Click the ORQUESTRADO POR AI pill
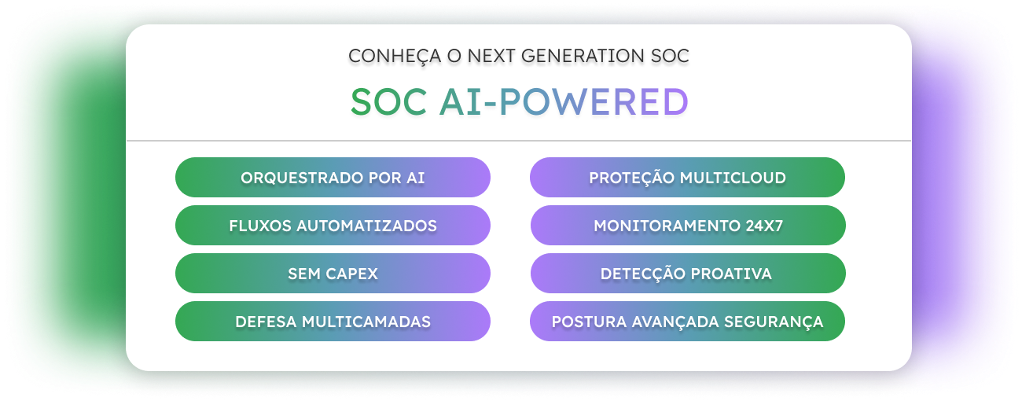(333, 178)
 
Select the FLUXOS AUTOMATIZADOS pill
(333, 226)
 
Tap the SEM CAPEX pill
(333, 274)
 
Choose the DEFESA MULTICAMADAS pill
(333, 321)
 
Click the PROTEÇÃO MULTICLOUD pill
(687, 178)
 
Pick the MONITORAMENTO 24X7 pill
(688, 226)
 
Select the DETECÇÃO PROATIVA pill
(688, 274)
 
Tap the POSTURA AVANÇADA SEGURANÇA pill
(687, 321)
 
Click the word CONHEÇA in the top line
(395, 57)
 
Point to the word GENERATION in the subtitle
(583, 56)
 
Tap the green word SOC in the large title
(388, 101)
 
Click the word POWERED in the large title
(594, 101)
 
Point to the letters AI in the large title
(461, 101)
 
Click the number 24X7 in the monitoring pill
(764, 226)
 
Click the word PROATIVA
(731, 274)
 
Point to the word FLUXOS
(260, 226)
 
